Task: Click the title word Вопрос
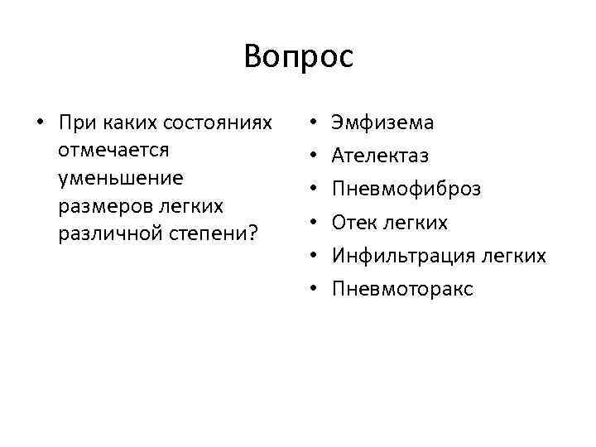point(298,57)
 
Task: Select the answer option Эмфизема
point(382,123)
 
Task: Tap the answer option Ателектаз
point(380,156)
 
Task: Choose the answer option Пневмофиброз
point(406,190)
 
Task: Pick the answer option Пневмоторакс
point(402,289)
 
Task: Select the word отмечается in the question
point(114,151)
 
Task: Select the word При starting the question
point(77,123)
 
